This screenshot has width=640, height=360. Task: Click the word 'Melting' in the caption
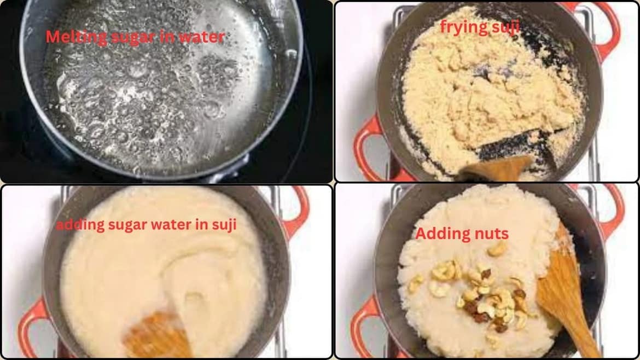coord(68,37)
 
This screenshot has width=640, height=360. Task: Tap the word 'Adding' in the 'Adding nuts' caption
coord(441,234)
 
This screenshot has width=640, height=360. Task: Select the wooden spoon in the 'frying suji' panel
coord(495,167)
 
